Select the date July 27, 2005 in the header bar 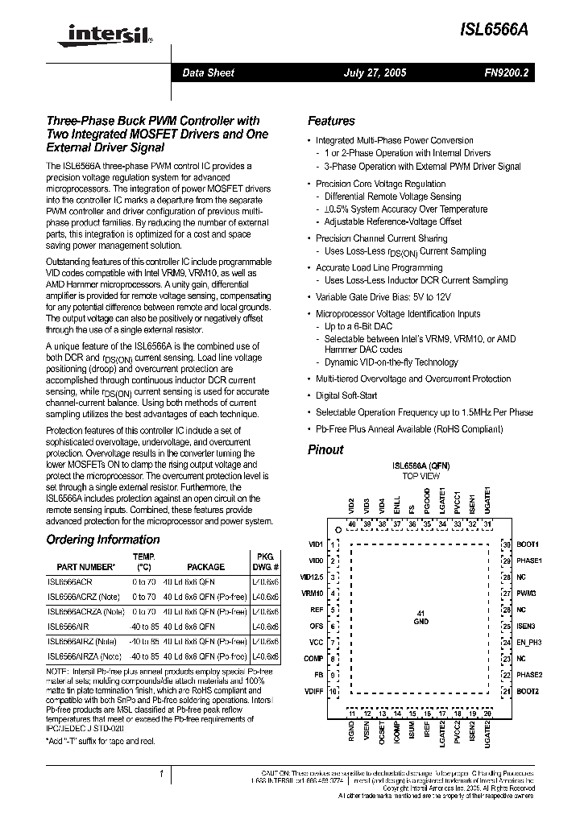tap(375, 72)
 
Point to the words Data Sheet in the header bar tap(208, 72)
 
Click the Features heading tap(331, 121)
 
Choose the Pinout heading tap(325, 449)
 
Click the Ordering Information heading tap(102, 540)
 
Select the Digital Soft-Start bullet tap(346, 395)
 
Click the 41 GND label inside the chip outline tap(420, 618)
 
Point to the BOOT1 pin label tap(528, 544)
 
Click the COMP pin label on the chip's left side tap(314, 659)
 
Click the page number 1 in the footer tap(161, 775)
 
